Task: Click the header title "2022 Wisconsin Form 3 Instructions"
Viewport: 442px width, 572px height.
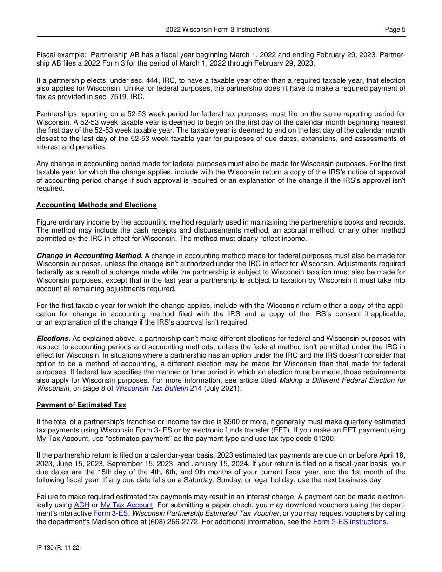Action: point(217,29)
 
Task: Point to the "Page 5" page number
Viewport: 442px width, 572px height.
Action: point(395,29)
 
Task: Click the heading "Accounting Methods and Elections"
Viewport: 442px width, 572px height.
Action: point(96,205)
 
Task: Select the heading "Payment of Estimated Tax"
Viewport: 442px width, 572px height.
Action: point(81,405)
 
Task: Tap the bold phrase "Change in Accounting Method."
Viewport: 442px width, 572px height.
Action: point(89,256)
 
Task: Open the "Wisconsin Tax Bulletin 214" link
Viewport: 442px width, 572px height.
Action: point(159,388)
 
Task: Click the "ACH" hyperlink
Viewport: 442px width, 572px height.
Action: point(80,505)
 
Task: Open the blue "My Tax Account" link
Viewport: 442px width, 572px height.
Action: point(127,505)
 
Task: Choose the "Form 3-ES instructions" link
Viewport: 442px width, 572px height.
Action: point(349,522)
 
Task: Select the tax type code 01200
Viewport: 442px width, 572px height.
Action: point(326,439)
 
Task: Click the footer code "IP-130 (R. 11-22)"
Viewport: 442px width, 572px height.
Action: point(59,548)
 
